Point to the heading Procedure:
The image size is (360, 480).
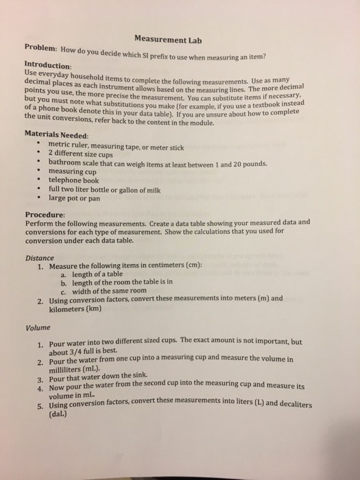pyautogui.click(x=45, y=213)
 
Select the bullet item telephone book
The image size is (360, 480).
pyautogui.click(x=78, y=180)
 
